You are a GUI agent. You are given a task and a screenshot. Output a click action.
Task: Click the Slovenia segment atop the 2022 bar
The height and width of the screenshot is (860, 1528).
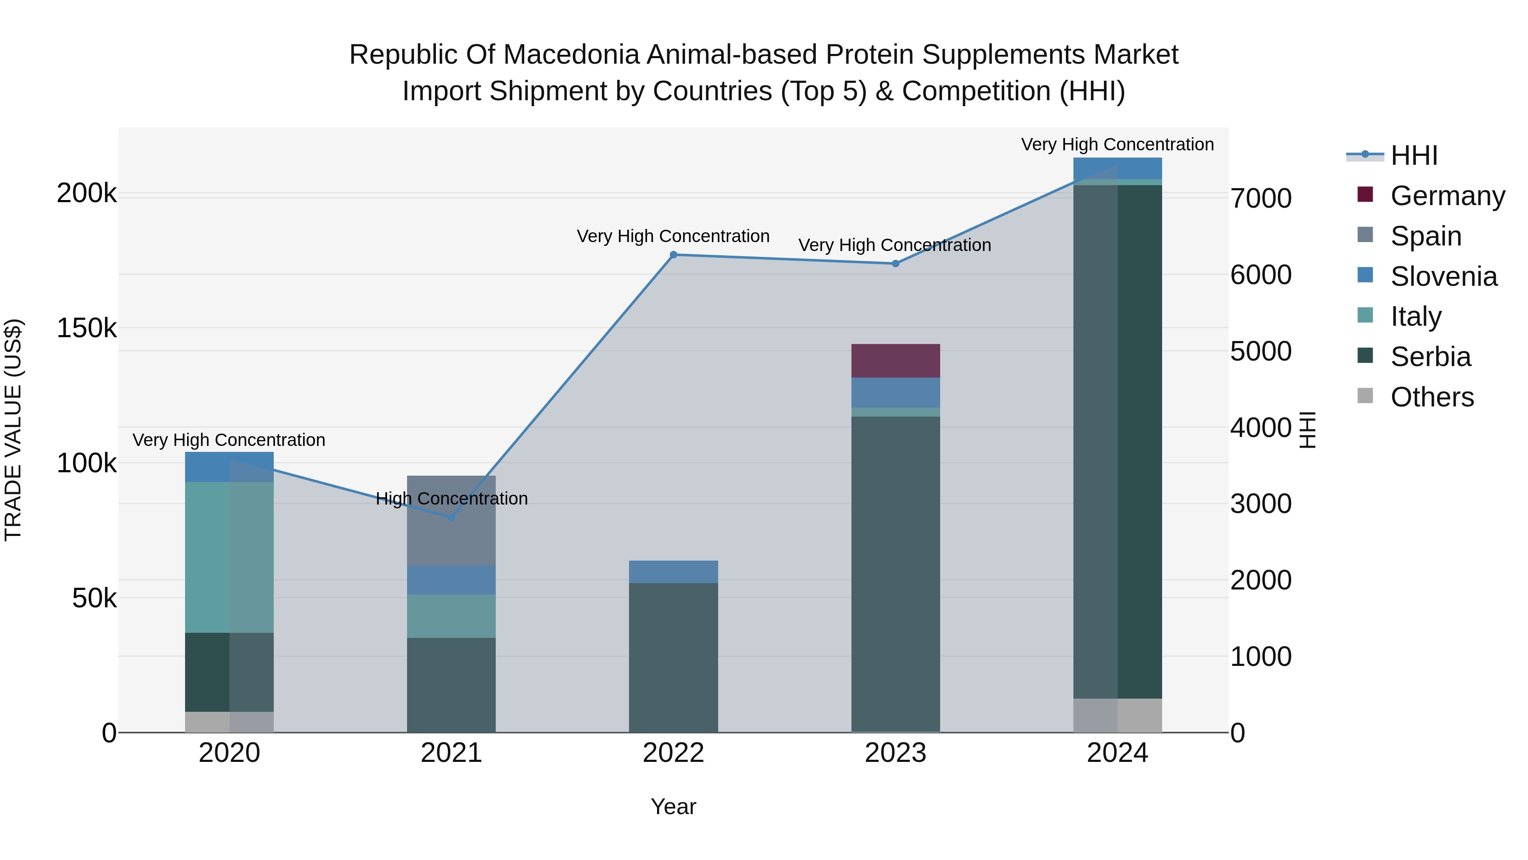(673, 572)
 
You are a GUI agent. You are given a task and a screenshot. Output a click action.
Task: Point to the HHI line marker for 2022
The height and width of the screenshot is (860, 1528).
(673, 255)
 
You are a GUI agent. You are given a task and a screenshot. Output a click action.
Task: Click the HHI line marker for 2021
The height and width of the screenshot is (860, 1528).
(451, 518)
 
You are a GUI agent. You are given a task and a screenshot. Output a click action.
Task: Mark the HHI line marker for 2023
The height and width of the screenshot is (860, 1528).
(895, 263)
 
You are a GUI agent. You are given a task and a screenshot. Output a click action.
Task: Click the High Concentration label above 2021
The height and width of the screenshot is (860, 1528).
(452, 499)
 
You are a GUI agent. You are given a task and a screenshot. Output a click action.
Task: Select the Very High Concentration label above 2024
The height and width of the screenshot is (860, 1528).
(1117, 144)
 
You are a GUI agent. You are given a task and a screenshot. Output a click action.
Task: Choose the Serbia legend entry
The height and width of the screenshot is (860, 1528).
(1430, 357)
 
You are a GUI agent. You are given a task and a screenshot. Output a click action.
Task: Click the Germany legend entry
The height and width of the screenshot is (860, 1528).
(1447, 196)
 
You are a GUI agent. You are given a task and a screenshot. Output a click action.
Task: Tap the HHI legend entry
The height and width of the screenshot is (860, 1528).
(1413, 155)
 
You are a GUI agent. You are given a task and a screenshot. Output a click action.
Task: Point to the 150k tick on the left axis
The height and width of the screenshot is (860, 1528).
(87, 327)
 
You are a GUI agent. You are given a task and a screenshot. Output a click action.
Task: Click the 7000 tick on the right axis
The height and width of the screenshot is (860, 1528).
(1261, 198)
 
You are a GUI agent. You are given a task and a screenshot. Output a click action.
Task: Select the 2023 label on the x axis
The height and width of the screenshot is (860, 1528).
(895, 753)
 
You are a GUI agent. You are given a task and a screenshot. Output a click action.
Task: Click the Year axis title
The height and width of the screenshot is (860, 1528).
(673, 806)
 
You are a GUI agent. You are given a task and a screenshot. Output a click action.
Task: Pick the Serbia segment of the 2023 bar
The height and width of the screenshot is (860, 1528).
(895, 573)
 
